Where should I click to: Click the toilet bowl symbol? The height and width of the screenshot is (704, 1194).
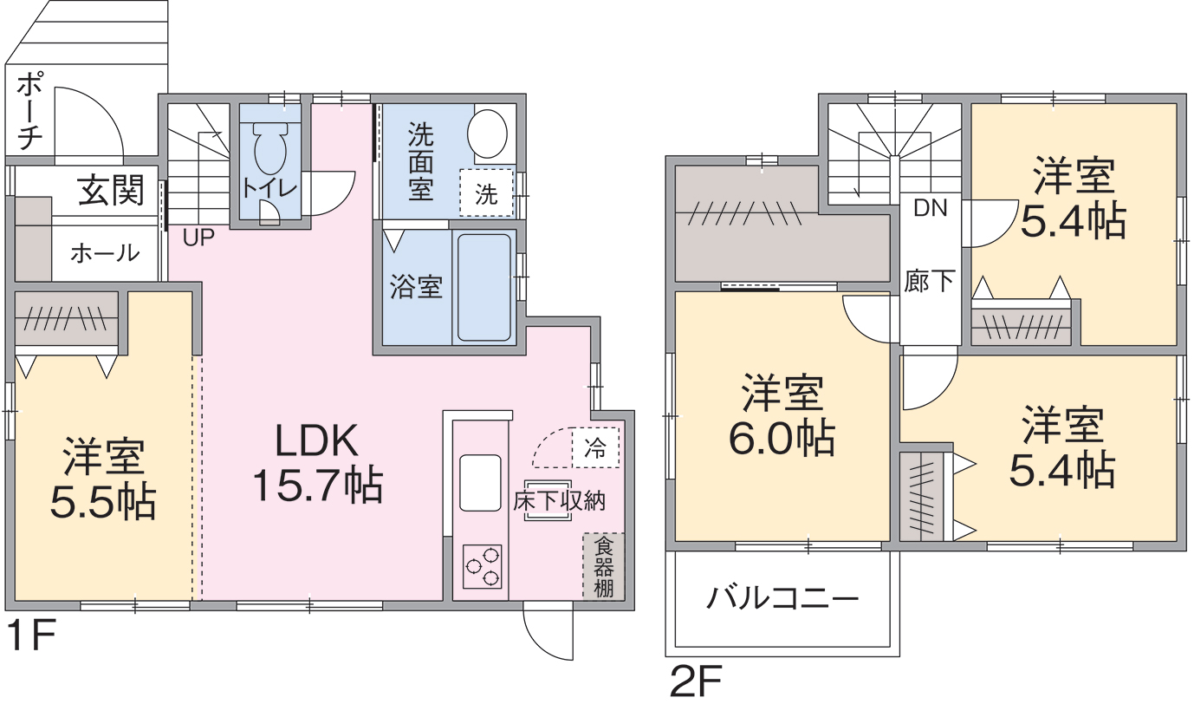(x=270, y=149)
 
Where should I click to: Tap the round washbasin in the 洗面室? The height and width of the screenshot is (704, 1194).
(x=487, y=134)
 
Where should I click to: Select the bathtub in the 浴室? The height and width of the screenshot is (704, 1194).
(x=484, y=288)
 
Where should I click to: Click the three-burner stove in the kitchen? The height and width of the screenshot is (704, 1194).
(x=482, y=566)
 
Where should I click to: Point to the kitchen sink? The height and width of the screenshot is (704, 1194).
(x=480, y=483)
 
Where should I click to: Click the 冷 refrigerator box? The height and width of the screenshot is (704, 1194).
(x=595, y=447)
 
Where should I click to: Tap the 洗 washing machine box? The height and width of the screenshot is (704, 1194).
(x=486, y=193)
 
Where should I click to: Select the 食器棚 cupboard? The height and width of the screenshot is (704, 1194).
(x=603, y=567)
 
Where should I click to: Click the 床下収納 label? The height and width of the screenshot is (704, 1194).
(x=559, y=501)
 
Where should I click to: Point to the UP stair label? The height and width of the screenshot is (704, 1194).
(x=198, y=238)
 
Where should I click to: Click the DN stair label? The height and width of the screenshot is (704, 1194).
(x=930, y=208)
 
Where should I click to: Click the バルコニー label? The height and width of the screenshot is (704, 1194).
(x=782, y=598)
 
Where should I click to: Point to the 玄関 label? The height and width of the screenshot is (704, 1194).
(x=111, y=190)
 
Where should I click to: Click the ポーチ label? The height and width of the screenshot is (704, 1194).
(x=29, y=112)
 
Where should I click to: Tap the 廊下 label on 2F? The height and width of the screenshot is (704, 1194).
(x=929, y=281)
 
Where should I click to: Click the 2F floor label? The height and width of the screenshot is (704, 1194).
(x=696, y=681)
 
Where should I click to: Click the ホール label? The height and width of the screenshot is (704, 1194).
(x=105, y=253)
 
